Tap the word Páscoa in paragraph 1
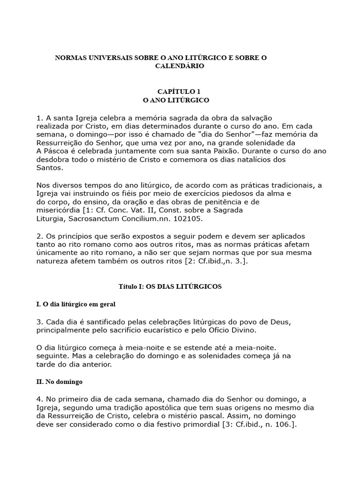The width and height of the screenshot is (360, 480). coord(56,151)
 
